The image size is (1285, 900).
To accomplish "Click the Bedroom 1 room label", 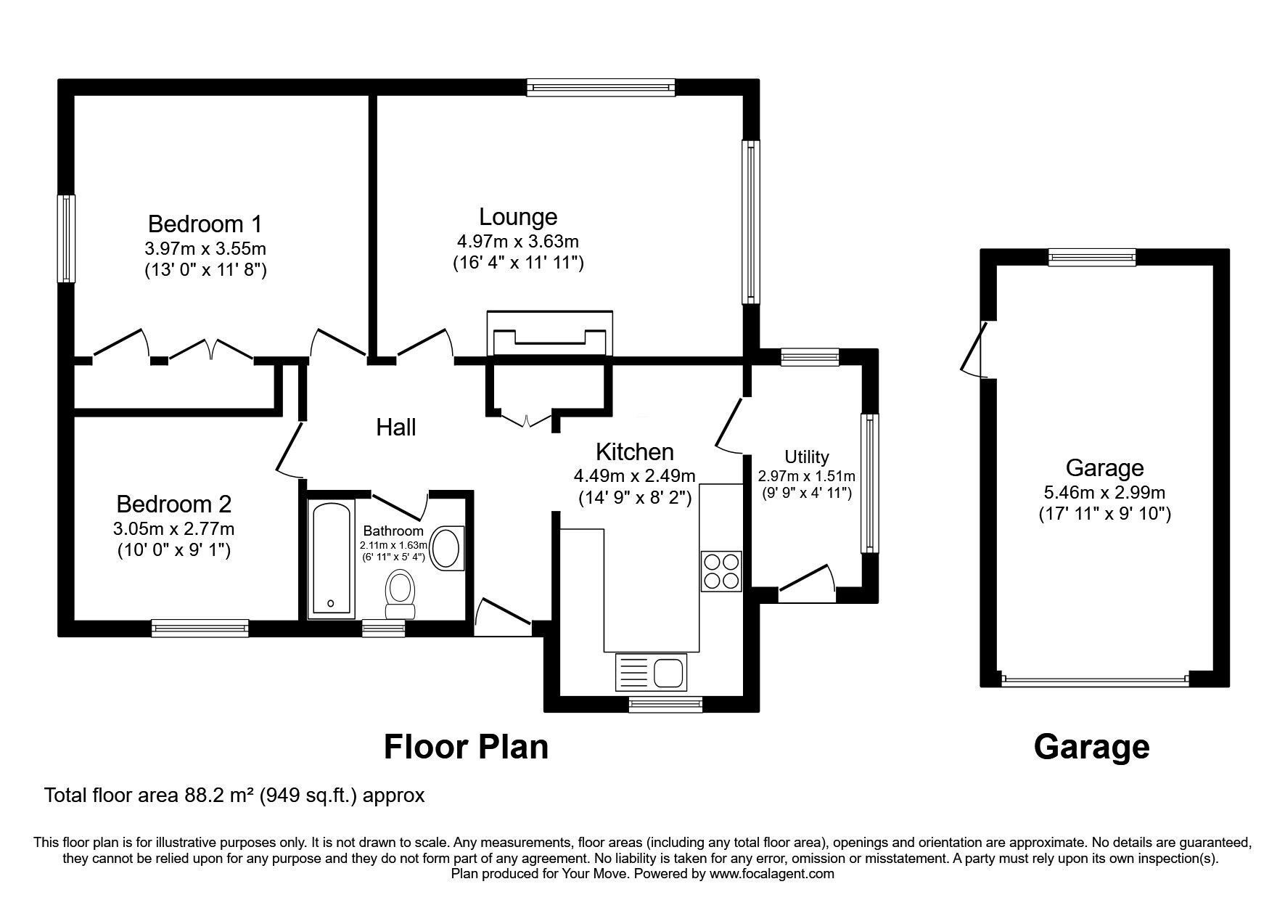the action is pyautogui.click(x=205, y=223).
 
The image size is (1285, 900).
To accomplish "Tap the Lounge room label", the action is pyautogui.click(x=518, y=216).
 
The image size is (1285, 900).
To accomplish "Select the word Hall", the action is pyautogui.click(x=396, y=427).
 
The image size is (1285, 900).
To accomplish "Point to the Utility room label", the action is pyautogui.click(x=806, y=457).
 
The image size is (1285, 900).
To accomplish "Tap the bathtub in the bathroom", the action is pyautogui.click(x=332, y=560).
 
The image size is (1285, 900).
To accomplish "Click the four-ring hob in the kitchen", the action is pyautogui.click(x=721, y=571).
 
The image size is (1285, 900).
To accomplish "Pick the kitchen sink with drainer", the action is pyautogui.click(x=651, y=671).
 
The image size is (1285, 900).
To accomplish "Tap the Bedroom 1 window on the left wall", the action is pyautogui.click(x=67, y=238).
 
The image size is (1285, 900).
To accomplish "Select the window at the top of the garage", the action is pyautogui.click(x=1092, y=257).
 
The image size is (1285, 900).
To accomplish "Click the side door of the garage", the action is pyautogui.click(x=975, y=349).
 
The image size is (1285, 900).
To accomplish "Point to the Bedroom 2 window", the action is pyautogui.click(x=200, y=628).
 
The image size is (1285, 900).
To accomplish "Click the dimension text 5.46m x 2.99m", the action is pyautogui.click(x=1104, y=492).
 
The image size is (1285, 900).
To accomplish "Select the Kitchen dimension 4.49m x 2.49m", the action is pyautogui.click(x=635, y=476).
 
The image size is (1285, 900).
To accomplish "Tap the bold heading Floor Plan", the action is pyautogui.click(x=466, y=747).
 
